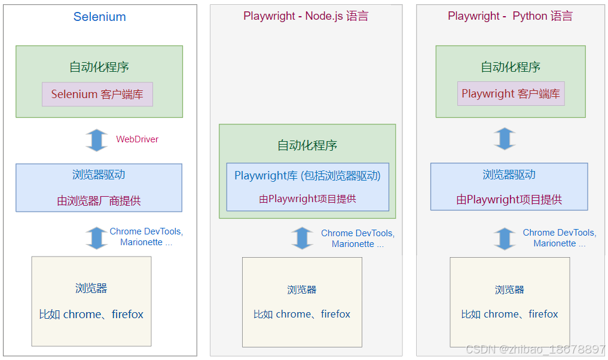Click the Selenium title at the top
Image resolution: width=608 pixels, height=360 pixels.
pyautogui.click(x=99, y=17)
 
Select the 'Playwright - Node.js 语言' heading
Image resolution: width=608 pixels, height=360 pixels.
pyautogui.click(x=305, y=16)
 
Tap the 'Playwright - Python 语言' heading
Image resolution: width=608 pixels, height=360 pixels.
pyautogui.click(x=510, y=16)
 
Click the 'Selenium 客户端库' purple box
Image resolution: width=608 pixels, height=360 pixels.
pyautogui.click(x=97, y=94)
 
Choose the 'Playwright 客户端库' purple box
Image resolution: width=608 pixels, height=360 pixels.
pyautogui.click(x=511, y=94)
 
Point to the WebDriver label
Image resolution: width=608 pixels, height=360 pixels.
pyautogui.click(x=137, y=139)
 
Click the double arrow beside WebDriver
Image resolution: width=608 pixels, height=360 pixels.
pyautogui.click(x=96, y=139)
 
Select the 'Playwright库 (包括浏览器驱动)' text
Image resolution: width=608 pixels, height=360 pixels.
pyautogui.click(x=307, y=176)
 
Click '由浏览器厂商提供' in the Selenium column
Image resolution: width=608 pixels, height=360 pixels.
pyautogui.click(x=99, y=201)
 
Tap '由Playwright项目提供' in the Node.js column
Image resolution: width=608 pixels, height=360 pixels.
pyautogui.click(x=307, y=199)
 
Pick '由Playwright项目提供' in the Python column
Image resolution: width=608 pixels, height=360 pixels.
pyautogui.click(x=509, y=200)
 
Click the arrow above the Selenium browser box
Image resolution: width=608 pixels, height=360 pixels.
pyautogui.click(x=96, y=237)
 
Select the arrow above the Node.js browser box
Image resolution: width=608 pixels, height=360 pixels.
pyautogui.click(x=302, y=238)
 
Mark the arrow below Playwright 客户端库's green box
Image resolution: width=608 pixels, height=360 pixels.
pyautogui.click(x=505, y=139)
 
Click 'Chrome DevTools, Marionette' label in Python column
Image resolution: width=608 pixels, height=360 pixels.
pyautogui.click(x=559, y=238)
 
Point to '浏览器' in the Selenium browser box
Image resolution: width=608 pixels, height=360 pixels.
pyautogui.click(x=91, y=288)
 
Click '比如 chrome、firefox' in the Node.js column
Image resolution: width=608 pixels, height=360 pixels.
pyautogui.click(x=302, y=314)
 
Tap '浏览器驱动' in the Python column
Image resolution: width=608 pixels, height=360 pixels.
pyautogui.click(x=509, y=175)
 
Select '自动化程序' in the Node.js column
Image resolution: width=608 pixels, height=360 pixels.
pyautogui.click(x=307, y=145)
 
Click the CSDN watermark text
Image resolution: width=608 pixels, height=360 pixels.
pyautogui.click(x=535, y=349)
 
